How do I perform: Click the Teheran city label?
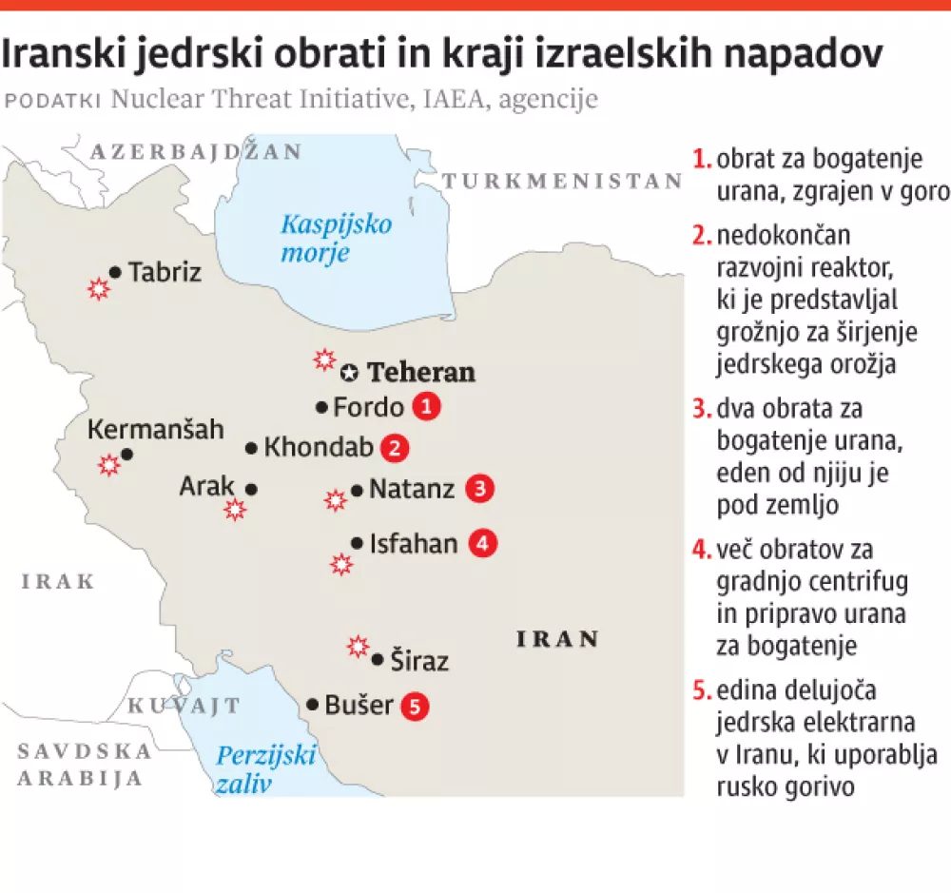421,372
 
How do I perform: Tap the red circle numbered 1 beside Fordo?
427,407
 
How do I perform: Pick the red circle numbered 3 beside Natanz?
479,490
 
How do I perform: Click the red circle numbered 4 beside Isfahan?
482,544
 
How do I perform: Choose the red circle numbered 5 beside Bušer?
415,706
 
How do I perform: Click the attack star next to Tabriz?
97,289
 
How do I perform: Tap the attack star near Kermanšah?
110,465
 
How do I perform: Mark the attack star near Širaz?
358,647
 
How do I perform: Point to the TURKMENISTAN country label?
564,182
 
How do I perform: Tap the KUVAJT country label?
184,706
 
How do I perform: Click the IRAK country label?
58,581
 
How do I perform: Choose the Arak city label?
206,487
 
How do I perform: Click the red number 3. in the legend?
703,410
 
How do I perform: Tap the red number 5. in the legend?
703,688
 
